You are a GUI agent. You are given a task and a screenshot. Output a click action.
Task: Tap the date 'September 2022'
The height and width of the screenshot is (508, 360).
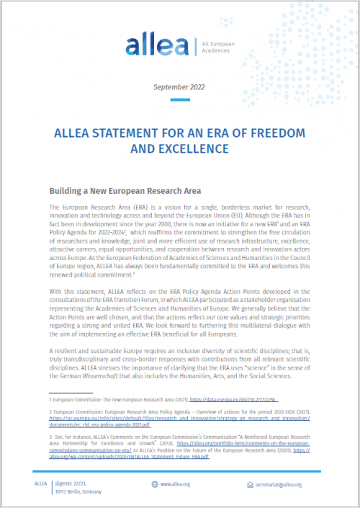click(179, 87)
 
